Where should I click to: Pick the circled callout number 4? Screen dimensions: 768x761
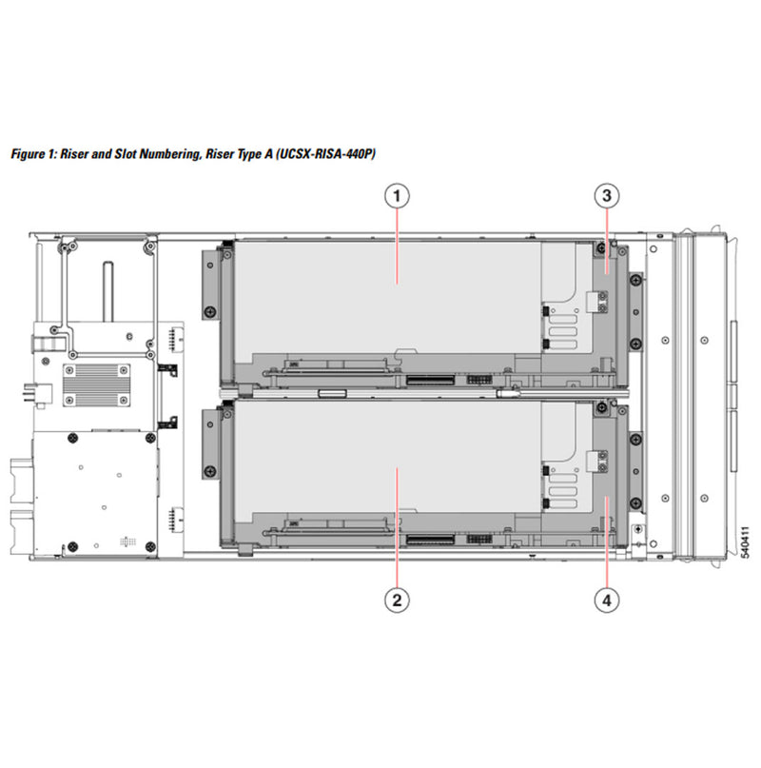(x=607, y=600)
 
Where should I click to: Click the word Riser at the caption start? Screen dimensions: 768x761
(x=77, y=153)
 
